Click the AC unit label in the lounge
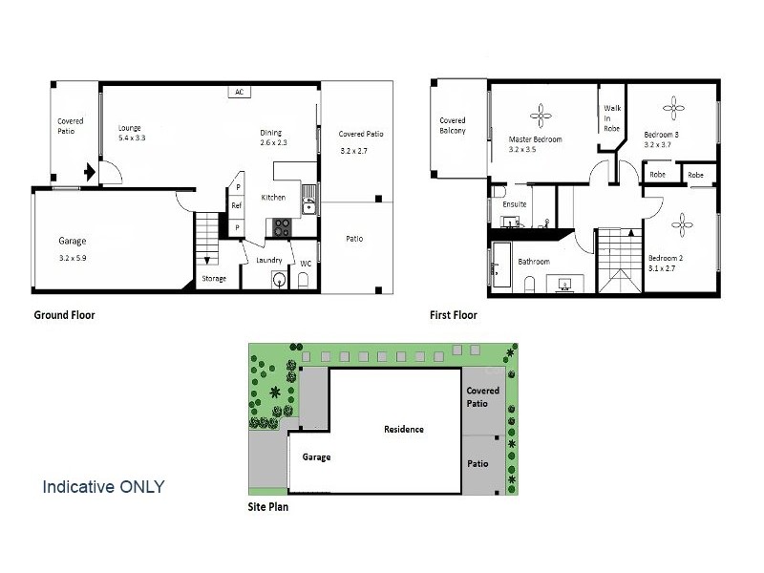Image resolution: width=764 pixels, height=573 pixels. click(x=239, y=93)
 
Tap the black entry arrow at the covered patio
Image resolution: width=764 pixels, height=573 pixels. click(x=89, y=173)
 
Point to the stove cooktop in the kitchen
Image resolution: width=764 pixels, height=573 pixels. click(x=284, y=227)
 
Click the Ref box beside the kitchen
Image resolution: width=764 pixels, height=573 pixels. click(x=237, y=206)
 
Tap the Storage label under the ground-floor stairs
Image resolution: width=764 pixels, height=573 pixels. click(x=214, y=279)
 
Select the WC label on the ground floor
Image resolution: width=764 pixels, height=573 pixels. click(x=306, y=263)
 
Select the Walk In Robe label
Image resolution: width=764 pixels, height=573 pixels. click(x=612, y=117)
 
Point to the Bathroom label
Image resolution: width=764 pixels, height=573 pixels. click(x=533, y=261)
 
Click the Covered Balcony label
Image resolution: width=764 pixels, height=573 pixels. click(x=452, y=125)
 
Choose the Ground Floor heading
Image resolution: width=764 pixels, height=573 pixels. click(x=64, y=315)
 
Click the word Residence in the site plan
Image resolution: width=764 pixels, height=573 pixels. click(x=404, y=429)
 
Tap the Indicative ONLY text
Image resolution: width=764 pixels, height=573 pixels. click(x=103, y=486)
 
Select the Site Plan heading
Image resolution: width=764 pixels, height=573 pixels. click(x=267, y=507)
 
